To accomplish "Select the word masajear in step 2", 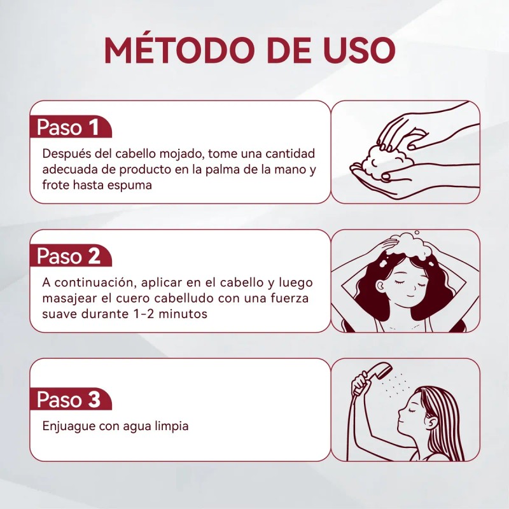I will (68, 298).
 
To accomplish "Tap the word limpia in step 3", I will (170, 426).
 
